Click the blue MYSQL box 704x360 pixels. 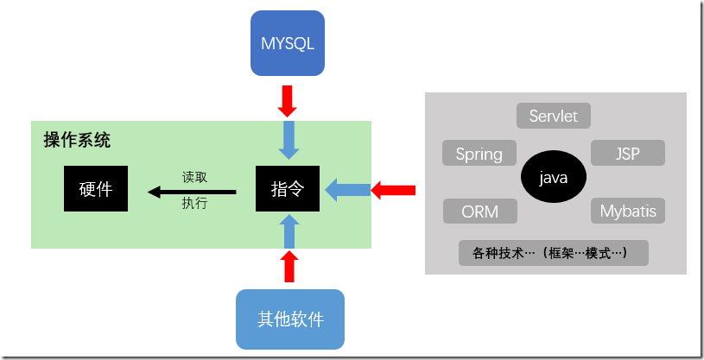(x=288, y=42)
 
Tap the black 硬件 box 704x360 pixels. (x=96, y=188)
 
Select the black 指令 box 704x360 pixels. (x=288, y=188)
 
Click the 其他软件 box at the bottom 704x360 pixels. (x=290, y=319)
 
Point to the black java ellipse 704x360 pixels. (x=554, y=179)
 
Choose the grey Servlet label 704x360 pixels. (x=554, y=116)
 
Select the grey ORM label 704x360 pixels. (x=479, y=212)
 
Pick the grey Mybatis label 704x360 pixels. (x=628, y=212)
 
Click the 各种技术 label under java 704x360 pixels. (x=554, y=253)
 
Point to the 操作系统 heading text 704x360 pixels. (x=77, y=140)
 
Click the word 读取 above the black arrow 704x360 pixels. (x=194, y=175)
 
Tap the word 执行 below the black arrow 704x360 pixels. (x=194, y=204)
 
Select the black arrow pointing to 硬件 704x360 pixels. (x=192, y=190)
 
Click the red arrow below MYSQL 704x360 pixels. (x=288, y=100)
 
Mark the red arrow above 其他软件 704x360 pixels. (x=289, y=267)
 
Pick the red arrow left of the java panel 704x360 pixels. (x=394, y=189)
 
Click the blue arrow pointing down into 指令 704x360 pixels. (x=289, y=138)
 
